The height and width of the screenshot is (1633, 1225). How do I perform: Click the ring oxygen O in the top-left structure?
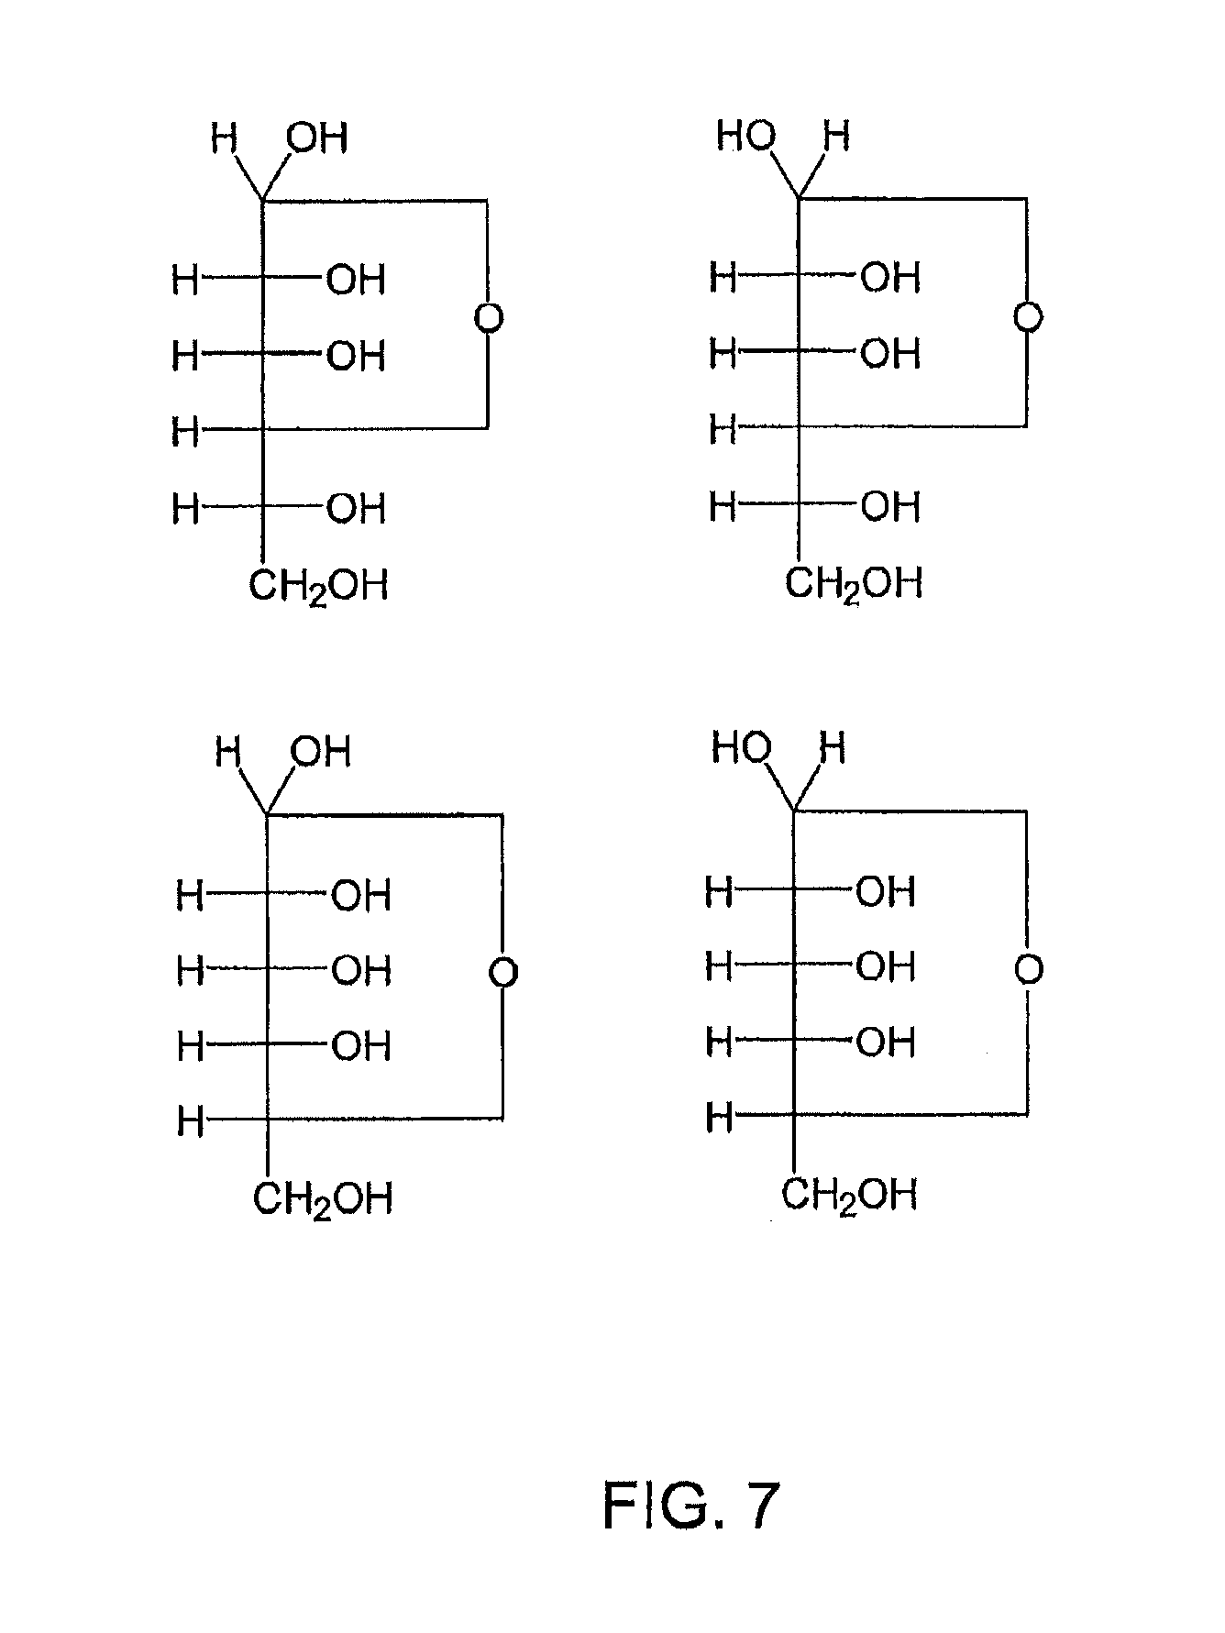489,319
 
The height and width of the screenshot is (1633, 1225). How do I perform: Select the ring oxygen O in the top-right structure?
1029,317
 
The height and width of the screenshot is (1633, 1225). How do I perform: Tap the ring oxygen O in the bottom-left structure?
503,972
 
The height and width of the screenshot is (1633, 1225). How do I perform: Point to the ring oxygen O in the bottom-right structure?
1029,969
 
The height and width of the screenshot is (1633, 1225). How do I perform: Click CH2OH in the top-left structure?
318,585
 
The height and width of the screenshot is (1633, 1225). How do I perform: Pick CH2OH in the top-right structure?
854,583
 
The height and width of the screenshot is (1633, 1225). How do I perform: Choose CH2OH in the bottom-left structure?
322,1199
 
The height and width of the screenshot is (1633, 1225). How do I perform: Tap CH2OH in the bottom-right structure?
849,1196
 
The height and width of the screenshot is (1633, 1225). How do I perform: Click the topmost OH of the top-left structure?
317,138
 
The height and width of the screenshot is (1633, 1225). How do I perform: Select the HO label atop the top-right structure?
745,137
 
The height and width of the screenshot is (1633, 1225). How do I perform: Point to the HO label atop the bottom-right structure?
741,749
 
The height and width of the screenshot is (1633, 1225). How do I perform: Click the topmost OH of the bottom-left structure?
321,752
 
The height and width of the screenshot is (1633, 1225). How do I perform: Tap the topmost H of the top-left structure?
224,139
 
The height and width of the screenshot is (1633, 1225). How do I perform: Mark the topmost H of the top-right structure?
836,137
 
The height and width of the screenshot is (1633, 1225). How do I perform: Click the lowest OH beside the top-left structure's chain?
356,508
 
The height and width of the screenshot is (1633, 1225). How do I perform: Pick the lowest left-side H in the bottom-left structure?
190,1120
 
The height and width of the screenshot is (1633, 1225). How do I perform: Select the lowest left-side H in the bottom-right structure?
719,1118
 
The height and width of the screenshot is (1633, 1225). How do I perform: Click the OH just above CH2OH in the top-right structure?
889,506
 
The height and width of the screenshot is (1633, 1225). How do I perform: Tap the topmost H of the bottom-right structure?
833,749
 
